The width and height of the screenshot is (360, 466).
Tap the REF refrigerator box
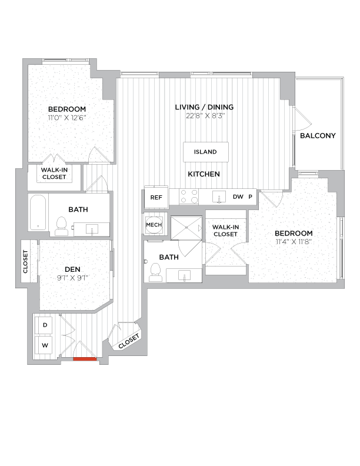(x=156, y=198)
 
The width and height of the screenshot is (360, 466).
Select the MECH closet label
(x=154, y=225)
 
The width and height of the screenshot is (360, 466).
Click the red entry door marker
(x=85, y=358)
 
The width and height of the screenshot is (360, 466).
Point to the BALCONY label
(x=318, y=136)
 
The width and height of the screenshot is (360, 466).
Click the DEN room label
(x=72, y=269)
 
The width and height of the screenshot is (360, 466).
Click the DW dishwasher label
(x=238, y=198)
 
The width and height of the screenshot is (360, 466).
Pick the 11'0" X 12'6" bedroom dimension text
(x=66, y=118)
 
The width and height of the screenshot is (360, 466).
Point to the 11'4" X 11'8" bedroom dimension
(x=293, y=242)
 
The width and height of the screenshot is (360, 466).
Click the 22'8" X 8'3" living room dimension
(x=204, y=115)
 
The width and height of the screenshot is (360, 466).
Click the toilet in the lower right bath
(x=155, y=271)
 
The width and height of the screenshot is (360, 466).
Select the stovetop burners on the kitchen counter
(x=188, y=197)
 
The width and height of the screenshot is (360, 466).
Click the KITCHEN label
(x=204, y=174)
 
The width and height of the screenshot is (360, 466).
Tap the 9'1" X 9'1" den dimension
(x=72, y=278)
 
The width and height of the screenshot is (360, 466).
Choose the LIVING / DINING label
(x=204, y=107)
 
